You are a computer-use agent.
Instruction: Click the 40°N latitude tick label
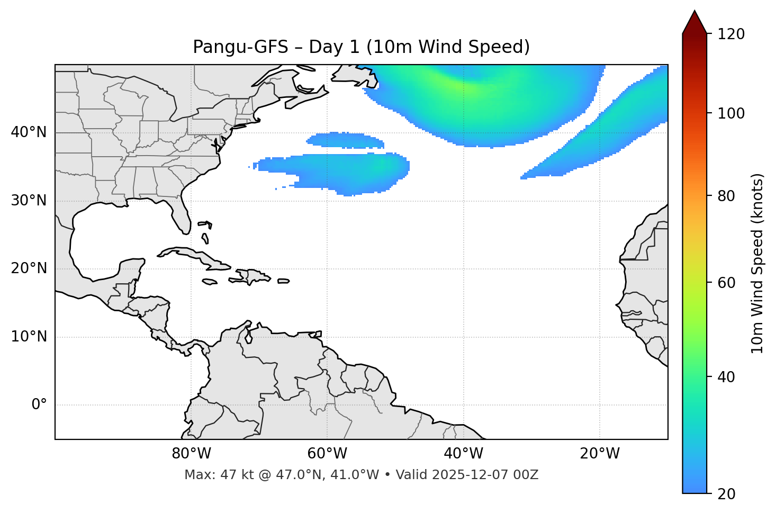tap(29, 132)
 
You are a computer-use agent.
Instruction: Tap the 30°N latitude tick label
tap(29, 201)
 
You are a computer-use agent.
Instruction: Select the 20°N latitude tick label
tap(29, 268)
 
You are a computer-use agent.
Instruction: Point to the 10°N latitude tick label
tap(29, 337)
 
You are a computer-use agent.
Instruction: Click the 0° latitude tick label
tap(39, 405)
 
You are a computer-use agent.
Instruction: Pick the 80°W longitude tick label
tap(191, 454)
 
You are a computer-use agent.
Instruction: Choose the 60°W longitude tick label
tap(327, 454)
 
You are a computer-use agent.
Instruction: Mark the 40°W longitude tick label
tap(463, 454)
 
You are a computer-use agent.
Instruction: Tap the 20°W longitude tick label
tap(599, 454)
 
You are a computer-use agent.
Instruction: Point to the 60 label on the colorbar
tap(727, 283)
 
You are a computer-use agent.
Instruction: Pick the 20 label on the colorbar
tap(727, 494)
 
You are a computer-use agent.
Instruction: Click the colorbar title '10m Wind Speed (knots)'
tap(757, 263)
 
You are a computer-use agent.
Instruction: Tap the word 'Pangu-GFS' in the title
tap(240, 47)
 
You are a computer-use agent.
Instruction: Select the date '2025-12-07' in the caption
tap(469, 475)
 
